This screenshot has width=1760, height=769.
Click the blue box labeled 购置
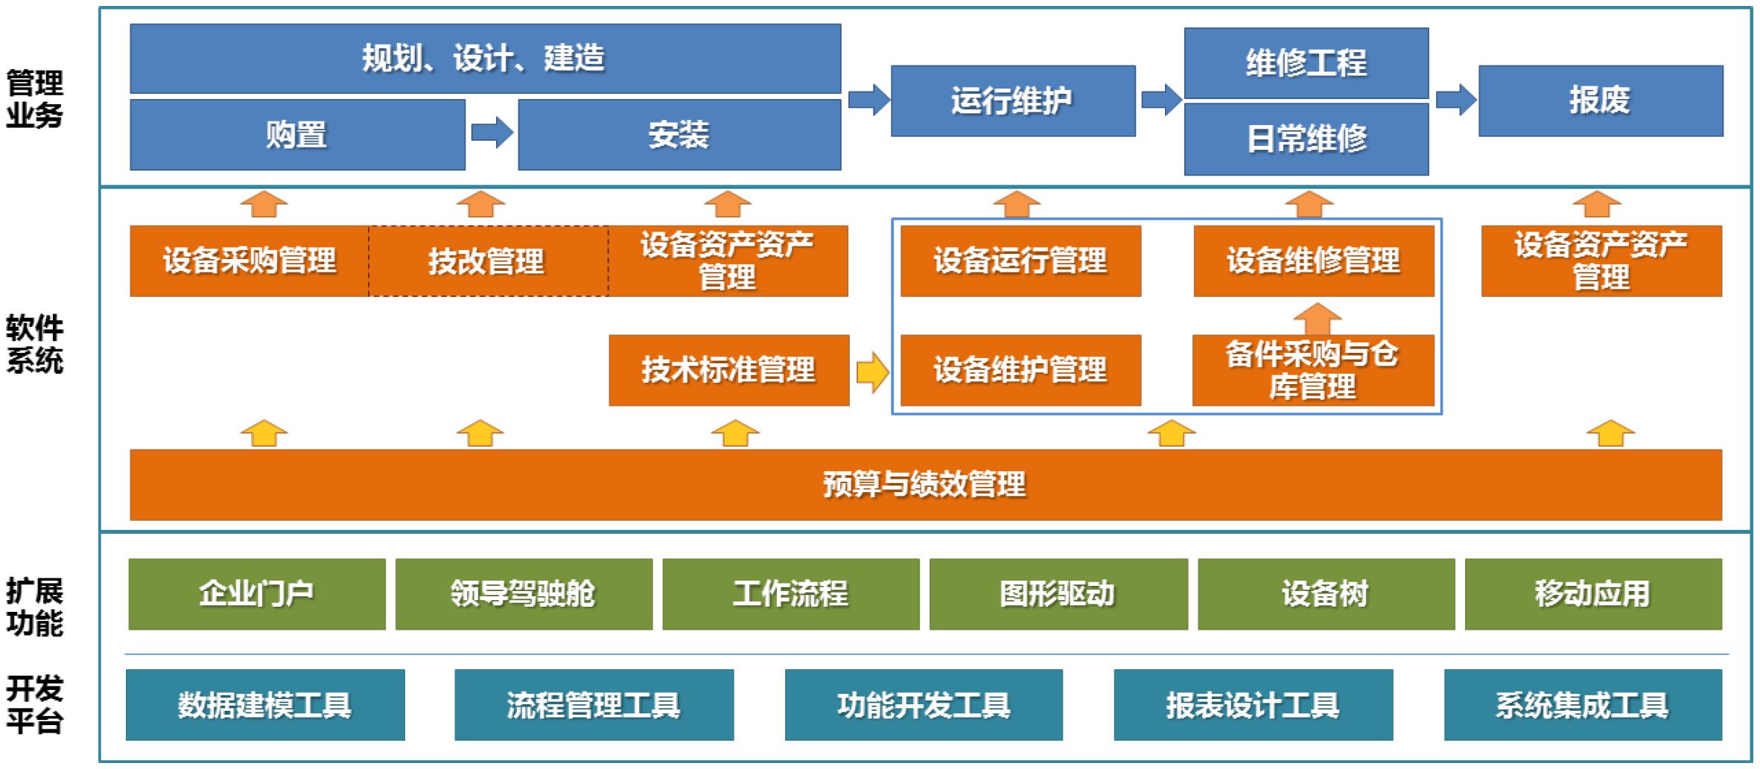297,135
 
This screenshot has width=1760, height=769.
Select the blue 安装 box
679,135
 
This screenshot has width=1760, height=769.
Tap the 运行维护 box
1013,100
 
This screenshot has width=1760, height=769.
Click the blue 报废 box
1601,100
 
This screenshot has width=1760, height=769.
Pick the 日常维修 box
1306,139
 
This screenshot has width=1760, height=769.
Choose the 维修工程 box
1306,63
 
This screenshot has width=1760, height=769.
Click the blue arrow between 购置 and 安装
492,133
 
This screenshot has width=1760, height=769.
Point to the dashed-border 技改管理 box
488,261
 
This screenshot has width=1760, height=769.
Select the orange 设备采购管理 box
249,261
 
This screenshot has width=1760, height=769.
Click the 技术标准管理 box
728,370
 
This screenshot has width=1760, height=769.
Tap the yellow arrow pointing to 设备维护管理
872,371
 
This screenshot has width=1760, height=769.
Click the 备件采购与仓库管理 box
1313,370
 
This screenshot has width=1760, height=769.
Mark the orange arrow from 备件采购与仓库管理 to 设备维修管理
1317,319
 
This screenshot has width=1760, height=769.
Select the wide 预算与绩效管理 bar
925,485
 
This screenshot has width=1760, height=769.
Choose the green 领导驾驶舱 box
524,594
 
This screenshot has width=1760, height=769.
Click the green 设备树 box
1326,594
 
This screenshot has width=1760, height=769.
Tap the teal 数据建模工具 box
265,705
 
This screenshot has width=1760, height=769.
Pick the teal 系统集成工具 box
1583,705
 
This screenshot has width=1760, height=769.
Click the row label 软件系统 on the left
35,344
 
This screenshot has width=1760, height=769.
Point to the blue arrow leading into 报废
1455,99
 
